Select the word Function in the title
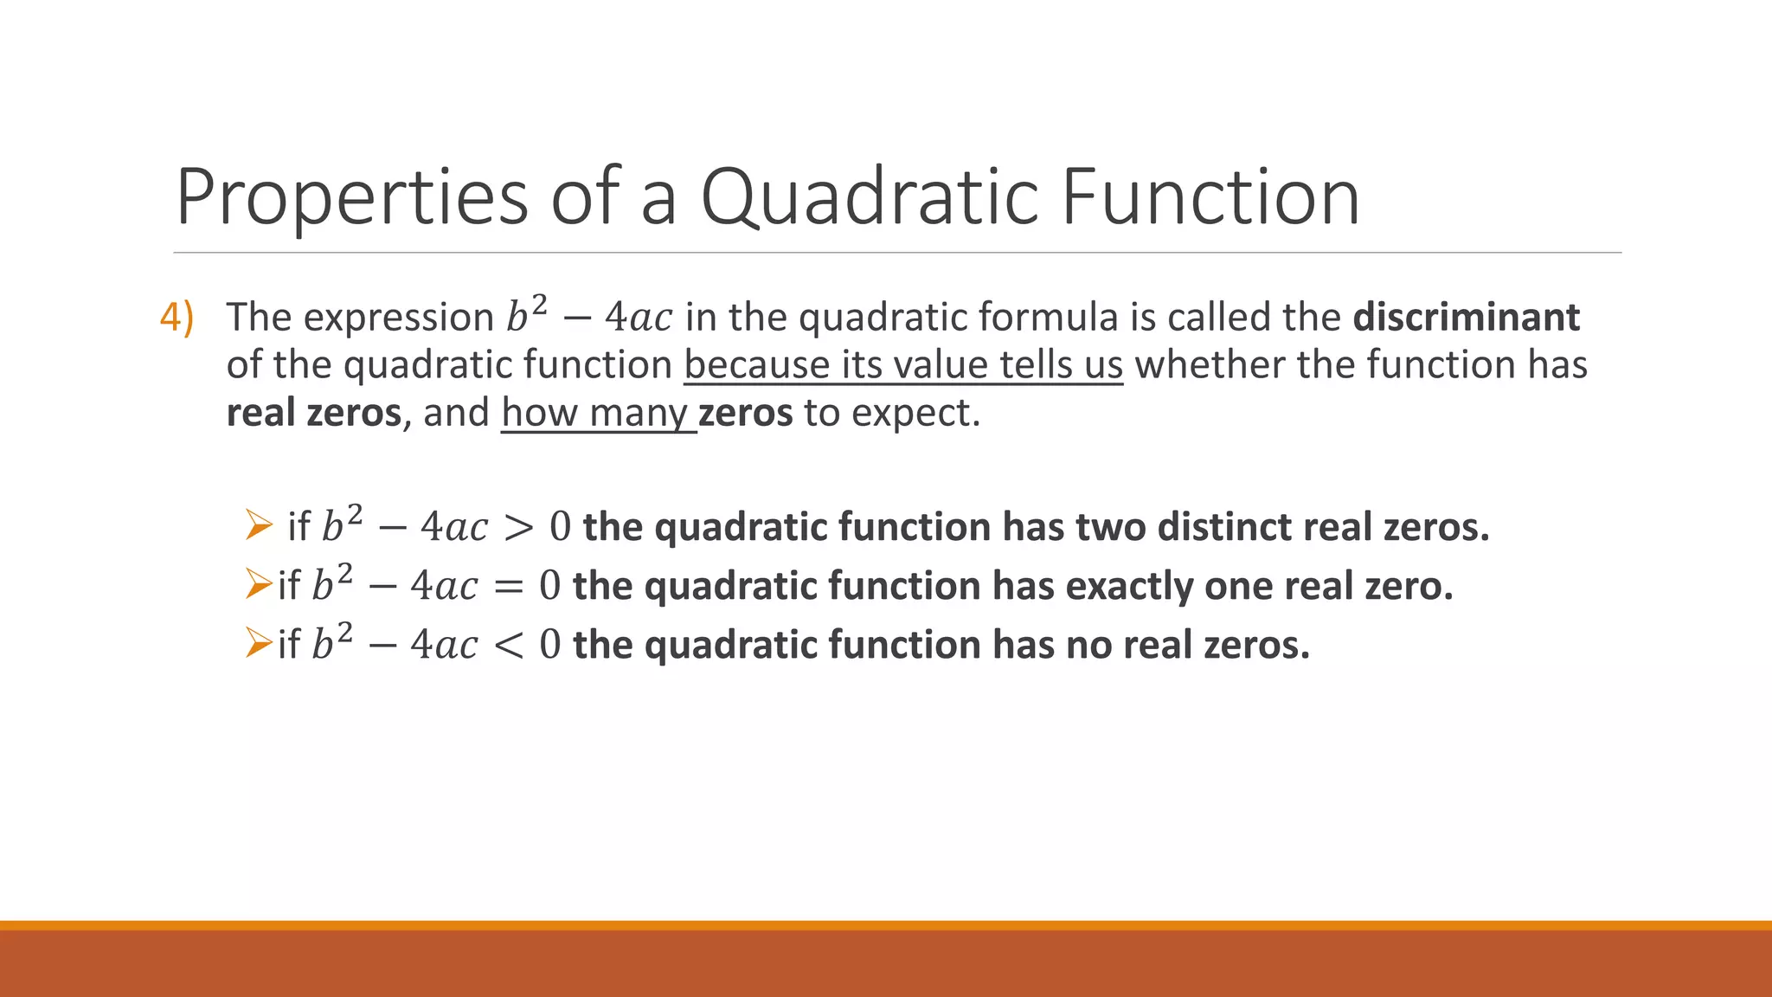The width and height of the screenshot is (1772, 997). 1210,197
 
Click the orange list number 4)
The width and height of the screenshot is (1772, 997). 177,318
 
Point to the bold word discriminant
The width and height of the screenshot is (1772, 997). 1466,318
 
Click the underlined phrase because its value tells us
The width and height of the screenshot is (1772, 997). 903,365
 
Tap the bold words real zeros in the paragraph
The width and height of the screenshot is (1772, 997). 313,413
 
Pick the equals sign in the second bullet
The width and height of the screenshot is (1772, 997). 508,587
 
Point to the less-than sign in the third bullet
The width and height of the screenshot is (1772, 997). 508,646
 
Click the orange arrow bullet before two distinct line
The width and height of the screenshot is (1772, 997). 258,525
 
